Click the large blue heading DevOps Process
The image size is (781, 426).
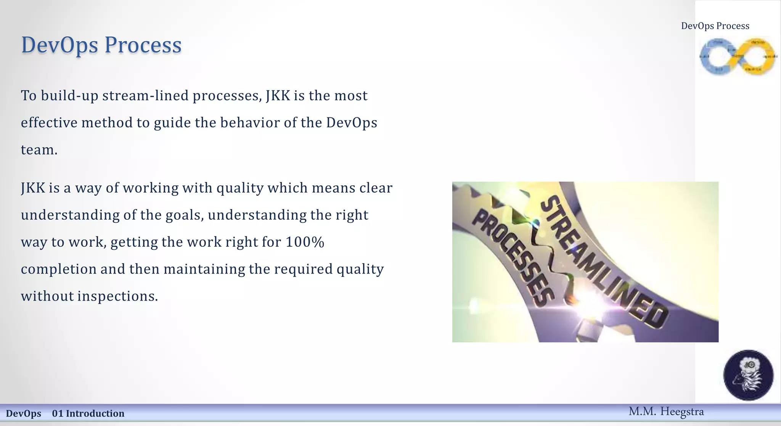[101, 45]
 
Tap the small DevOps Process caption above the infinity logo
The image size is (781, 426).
[715, 26]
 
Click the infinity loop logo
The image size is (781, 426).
[738, 56]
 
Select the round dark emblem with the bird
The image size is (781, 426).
[748, 375]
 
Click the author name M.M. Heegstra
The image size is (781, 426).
[666, 412]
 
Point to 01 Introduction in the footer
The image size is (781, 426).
[88, 413]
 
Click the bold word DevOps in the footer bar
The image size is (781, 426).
[24, 413]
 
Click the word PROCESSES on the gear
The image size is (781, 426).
[513, 259]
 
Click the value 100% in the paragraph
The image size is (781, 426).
[305, 242]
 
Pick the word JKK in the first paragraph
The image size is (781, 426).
[278, 96]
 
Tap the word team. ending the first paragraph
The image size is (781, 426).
[39, 150]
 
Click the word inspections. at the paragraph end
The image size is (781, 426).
[117, 296]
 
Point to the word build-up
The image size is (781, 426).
[70, 96]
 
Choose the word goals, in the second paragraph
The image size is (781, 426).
[185, 215]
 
